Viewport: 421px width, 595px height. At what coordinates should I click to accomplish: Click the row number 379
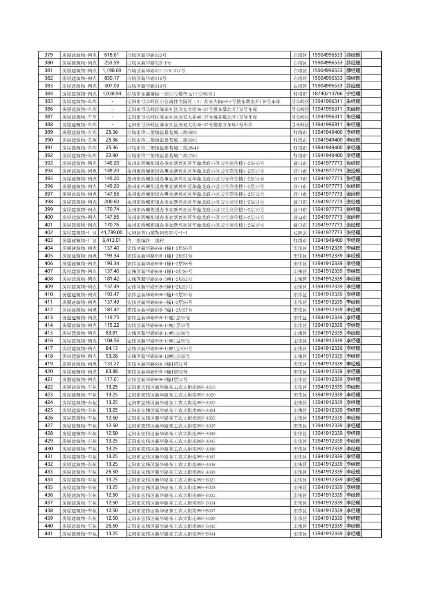pyautogui.click(x=49, y=55)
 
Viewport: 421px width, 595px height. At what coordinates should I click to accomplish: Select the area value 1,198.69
pyautogui.click(x=112, y=71)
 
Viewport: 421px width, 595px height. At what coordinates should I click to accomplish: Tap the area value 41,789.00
pyautogui.click(x=112, y=232)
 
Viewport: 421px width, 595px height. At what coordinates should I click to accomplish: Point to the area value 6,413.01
pyautogui.click(x=112, y=240)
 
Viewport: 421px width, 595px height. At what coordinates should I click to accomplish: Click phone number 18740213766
pyautogui.click(x=327, y=94)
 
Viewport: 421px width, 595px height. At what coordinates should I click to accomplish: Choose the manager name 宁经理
pyautogui.click(x=353, y=94)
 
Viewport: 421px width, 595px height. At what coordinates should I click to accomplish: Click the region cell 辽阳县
pyautogui.click(x=300, y=232)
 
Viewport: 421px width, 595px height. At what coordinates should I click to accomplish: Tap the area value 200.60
pyautogui.click(x=112, y=202)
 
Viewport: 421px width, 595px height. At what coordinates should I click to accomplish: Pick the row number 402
pyautogui.click(x=49, y=232)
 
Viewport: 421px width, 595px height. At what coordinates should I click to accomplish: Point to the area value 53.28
pyautogui.click(x=112, y=356)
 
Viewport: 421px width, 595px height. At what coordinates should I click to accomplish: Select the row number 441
pyautogui.click(x=49, y=533)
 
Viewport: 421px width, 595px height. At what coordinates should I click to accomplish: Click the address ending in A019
pyautogui.click(x=172, y=387)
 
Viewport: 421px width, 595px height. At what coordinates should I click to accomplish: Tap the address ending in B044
pyautogui.click(x=172, y=533)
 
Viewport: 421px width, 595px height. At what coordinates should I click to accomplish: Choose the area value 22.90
pyautogui.click(x=112, y=155)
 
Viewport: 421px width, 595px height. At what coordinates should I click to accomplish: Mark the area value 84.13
pyautogui.click(x=112, y=348)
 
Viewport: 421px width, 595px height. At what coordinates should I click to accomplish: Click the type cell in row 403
pyautogui.click(x=79, y=240)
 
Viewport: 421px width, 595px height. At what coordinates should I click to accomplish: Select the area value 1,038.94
pyautogui.click(x=112, y=94)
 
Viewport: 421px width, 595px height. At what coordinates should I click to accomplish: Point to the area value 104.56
pyautogui.click(x=112, y=340)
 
